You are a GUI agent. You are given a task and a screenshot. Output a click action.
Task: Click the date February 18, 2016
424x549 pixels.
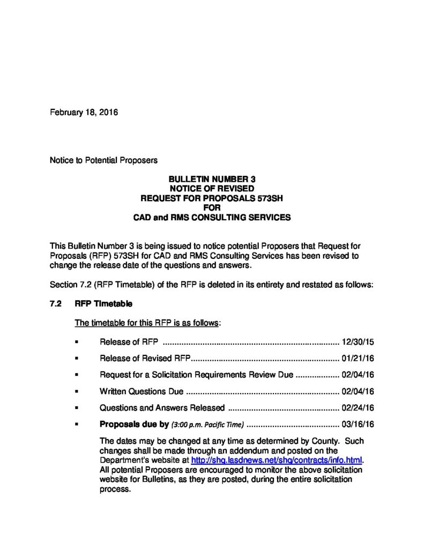[84, 113]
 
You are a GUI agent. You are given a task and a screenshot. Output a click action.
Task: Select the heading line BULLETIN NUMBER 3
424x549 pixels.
[211, 179]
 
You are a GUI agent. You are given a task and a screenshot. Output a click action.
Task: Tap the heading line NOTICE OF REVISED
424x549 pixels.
[211, 189]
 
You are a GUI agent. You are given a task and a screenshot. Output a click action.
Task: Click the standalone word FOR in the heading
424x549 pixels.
[211, 208]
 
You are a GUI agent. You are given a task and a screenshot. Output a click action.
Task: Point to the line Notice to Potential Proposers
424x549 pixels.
[103, 160]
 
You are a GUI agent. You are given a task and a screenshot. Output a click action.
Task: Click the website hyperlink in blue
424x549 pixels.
[277, 460]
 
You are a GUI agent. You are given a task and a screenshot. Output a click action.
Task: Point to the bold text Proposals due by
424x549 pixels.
[135, 424]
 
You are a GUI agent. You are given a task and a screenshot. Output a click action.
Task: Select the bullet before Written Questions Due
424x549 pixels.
[77, 391]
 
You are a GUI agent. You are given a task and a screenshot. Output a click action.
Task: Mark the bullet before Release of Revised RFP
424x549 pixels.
[77, 358]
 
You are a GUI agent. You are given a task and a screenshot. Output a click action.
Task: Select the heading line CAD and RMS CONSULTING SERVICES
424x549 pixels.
[211, 218]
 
